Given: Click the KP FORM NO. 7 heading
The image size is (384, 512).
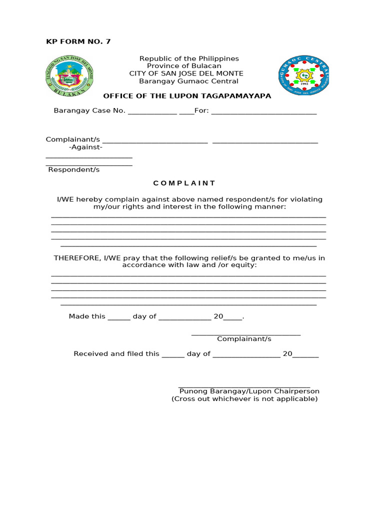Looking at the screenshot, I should (78, 41).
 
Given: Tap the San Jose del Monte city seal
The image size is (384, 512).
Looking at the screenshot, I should (69, 75).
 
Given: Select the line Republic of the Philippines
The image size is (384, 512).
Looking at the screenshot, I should (189, 58).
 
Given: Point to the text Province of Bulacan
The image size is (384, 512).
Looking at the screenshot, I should (184, 66).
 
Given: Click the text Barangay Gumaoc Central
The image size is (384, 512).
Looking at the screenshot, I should (188, 81).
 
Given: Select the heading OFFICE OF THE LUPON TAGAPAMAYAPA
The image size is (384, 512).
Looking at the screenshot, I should (187, 96).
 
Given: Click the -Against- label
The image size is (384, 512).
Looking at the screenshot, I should (85, 147).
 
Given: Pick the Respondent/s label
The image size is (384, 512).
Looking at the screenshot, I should (74, 169).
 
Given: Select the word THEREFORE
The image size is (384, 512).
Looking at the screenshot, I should (77, 258).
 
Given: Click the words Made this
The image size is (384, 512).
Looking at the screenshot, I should (87, 316).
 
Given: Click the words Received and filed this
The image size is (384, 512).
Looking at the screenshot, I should (116, 354).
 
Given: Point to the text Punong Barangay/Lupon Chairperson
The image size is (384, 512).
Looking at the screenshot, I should (249, 391).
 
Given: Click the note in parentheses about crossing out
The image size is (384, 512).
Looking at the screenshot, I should (244, 399).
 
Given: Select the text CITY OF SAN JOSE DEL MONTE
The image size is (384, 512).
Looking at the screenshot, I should (186, 73).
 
